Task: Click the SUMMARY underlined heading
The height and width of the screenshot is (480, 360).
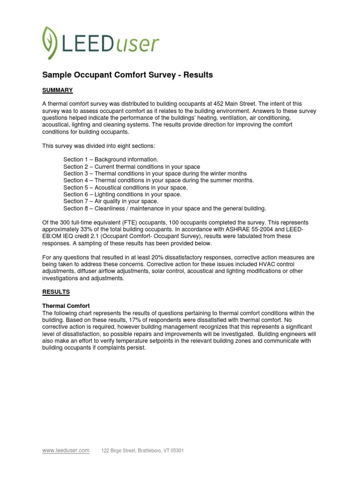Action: pyautogui.click(x=57, y=90)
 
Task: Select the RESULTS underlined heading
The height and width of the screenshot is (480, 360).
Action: pyautogui.click(x=56, y=292)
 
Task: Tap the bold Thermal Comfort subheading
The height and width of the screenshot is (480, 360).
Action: pyautogui.click(x=66, y=306)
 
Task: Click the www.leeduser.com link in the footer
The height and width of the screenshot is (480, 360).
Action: pyautogui.click(x=66, y=450)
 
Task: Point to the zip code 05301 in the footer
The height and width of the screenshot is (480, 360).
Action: pyautogui.click(x=177, y=451)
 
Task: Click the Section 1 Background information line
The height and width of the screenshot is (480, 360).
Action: pyautogui.click(x=111, y=160)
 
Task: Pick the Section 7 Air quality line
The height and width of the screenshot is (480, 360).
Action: pyautogui.click(x=111, y=201)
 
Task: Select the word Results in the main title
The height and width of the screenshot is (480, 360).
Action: pyautogui.click(x=198, y=75)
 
